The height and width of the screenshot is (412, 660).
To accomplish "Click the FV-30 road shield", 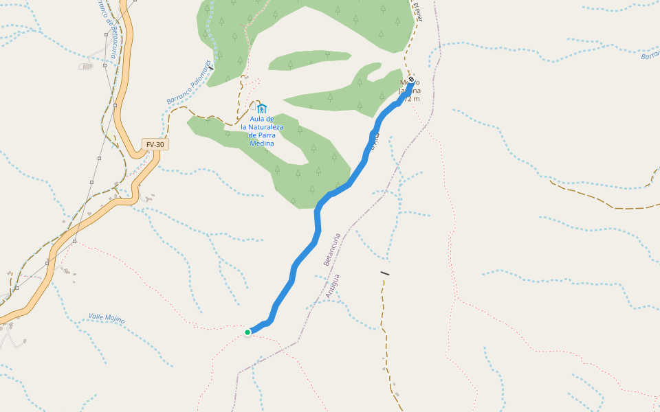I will tap(155, 144).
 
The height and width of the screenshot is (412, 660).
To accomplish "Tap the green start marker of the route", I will tap(247, 332).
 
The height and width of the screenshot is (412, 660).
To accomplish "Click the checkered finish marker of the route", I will tap(411, 80).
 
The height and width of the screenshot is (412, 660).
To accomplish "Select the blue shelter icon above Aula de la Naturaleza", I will tap(261, 108).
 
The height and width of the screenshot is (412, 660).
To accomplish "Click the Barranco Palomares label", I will tap(188, 82).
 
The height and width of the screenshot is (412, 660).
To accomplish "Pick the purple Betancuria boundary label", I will tap(331, 249).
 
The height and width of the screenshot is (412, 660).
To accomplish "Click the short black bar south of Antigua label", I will tap(385, 273).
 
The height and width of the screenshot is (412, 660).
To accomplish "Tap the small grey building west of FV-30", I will tap(85, 66).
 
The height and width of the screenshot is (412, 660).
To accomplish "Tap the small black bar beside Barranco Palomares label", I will tap(212, 67).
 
